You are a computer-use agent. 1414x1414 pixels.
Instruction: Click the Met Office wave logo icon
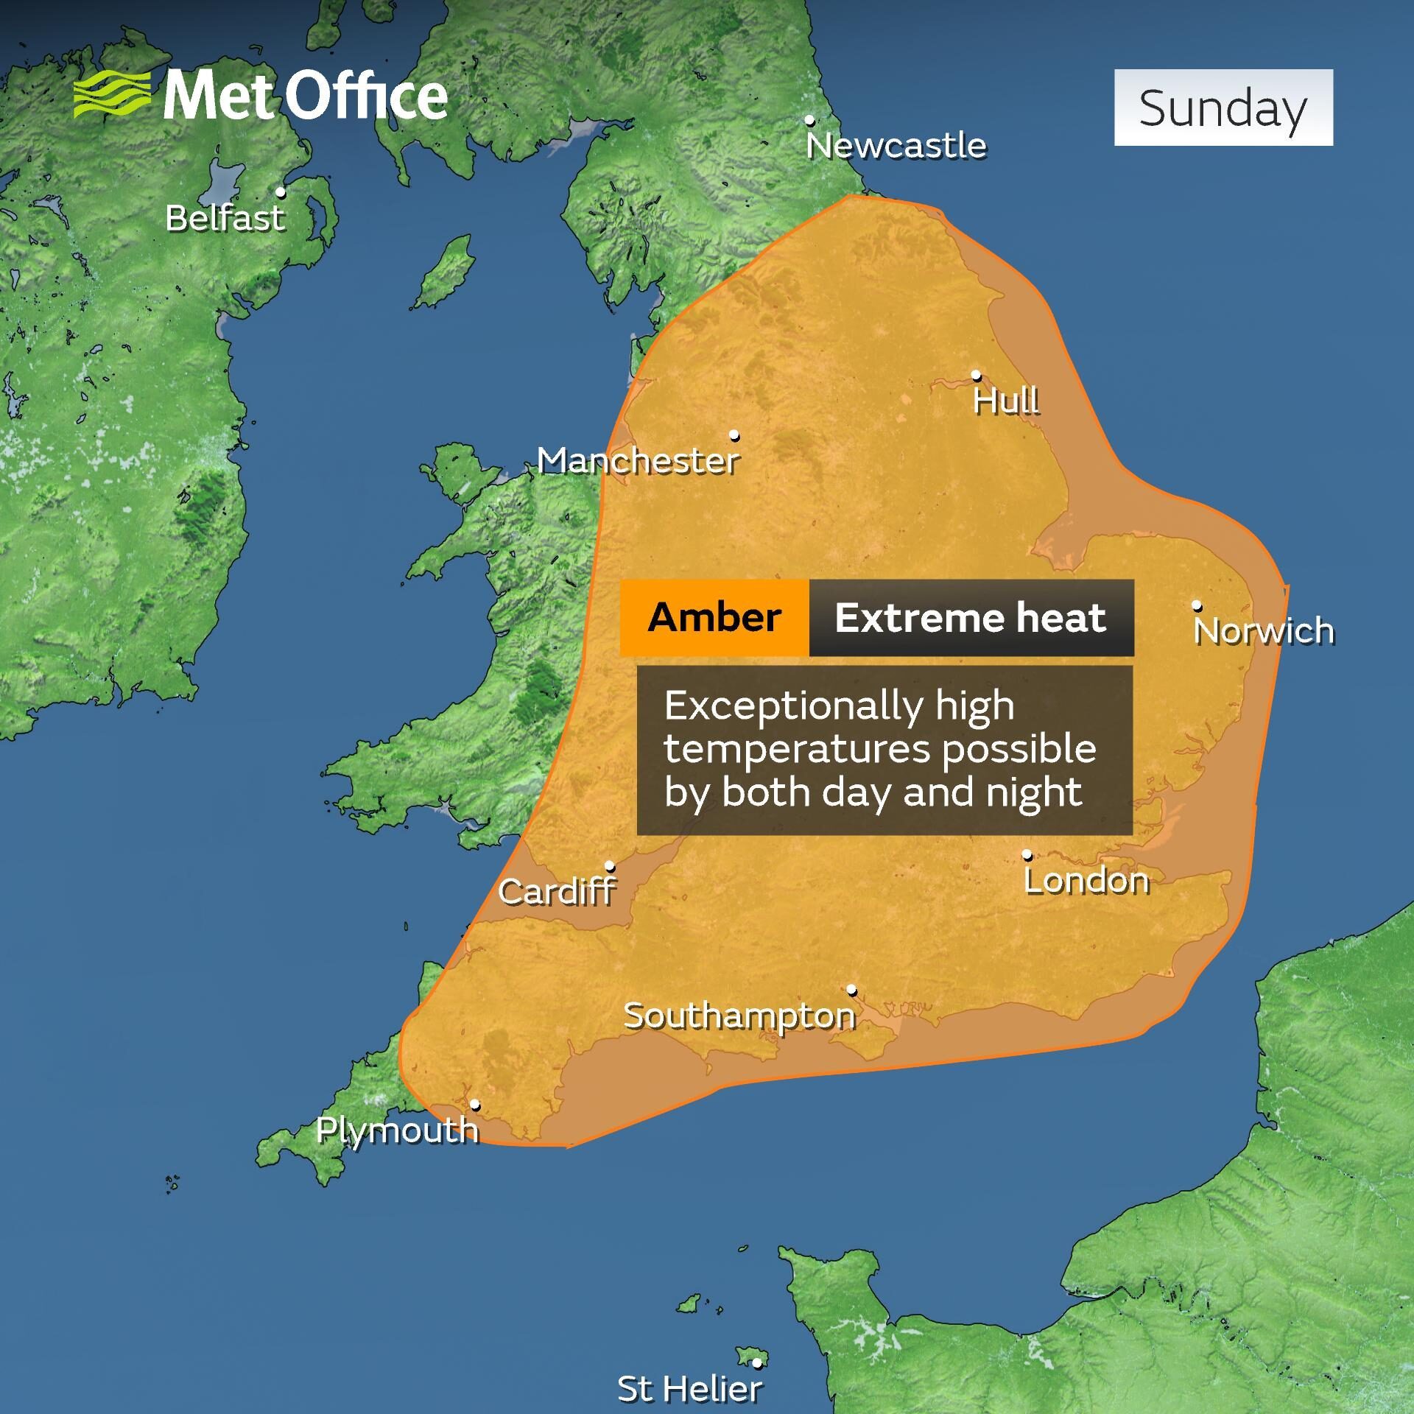112,94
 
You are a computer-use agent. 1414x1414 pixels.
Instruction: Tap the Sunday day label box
1223,108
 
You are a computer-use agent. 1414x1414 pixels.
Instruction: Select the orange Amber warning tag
714,617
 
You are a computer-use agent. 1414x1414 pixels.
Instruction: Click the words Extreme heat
970,617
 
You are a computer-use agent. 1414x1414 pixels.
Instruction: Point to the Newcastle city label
896,146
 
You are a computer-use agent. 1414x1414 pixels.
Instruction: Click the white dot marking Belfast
281,192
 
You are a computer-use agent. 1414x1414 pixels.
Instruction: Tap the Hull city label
1006,401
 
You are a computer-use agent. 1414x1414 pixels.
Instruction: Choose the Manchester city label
638,462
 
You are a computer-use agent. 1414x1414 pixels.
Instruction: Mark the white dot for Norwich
1197,605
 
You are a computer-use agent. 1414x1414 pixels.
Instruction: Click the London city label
1086,881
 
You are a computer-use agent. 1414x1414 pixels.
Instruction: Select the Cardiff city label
557,892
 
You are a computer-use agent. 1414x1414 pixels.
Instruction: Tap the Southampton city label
739,1016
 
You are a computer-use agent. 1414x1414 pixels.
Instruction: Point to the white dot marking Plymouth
476,1105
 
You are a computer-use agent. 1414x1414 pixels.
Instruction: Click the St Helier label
689,1389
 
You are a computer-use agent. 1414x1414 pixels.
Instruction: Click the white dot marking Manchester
734,435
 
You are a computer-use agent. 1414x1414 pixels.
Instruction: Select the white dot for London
1027,855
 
